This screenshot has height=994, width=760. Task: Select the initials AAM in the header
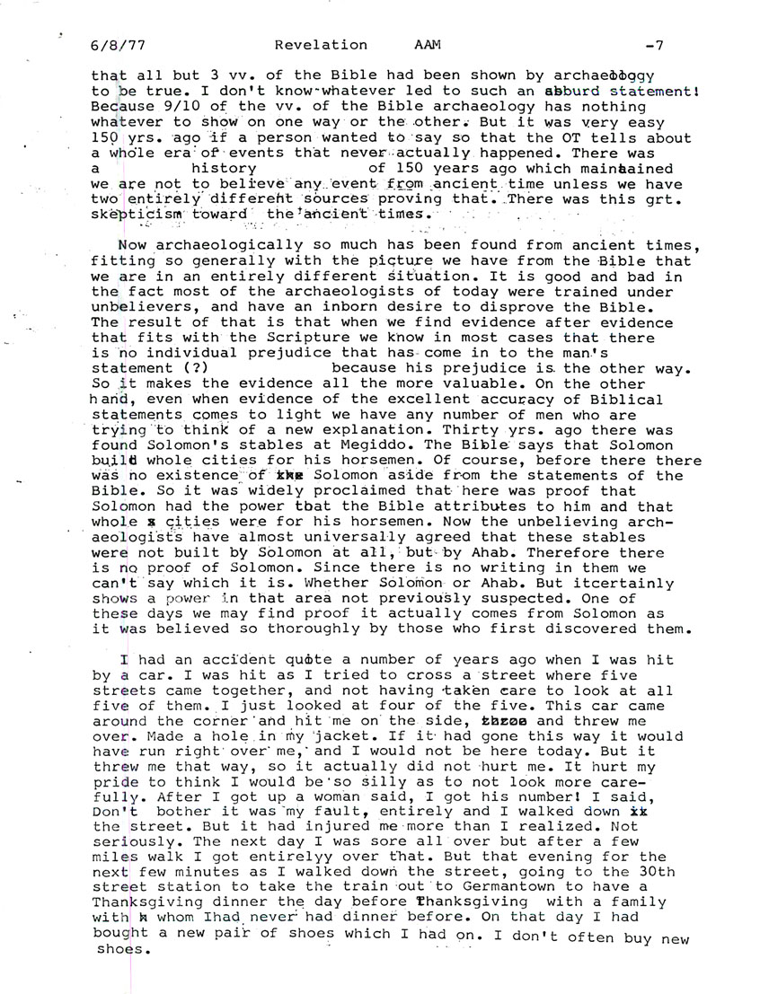(425, 45)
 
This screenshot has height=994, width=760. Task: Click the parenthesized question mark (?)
(196, 368)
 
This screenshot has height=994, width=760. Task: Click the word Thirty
(487, 414)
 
